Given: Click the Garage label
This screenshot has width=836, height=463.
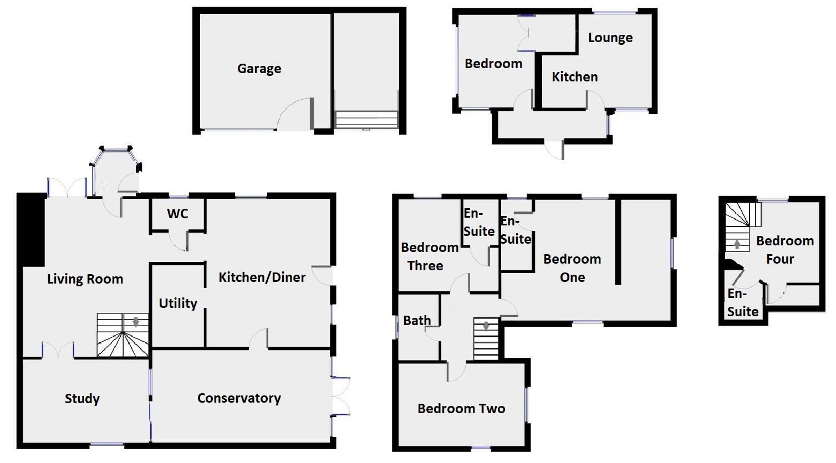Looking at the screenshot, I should (259, 69).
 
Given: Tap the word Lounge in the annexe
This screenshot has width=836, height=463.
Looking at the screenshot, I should (610, 38).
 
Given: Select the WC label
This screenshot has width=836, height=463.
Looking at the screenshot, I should (177, 213).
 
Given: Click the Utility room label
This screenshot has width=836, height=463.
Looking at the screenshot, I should (178, 303).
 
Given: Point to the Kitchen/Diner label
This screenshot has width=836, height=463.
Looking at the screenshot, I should (262, 277).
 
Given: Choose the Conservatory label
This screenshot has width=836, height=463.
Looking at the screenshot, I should (239, 398).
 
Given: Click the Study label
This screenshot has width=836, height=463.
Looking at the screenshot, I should (82, 399).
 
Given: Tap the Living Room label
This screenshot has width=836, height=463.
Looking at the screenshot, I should (85, 279).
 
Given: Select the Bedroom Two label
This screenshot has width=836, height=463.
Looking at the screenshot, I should (461, 409).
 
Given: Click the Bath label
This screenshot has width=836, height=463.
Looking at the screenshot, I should (417, 320).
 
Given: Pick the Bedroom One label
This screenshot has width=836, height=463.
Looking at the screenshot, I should (572, 268).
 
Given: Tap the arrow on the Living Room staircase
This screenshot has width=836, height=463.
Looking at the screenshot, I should (135, 322).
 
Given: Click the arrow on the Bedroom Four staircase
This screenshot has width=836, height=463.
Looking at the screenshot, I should (737, 244).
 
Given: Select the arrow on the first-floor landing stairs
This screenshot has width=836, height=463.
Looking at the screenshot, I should (486, 326).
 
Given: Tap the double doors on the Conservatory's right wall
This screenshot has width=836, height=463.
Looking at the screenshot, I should (341, 395).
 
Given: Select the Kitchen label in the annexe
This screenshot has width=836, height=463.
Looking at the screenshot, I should (574, 77).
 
